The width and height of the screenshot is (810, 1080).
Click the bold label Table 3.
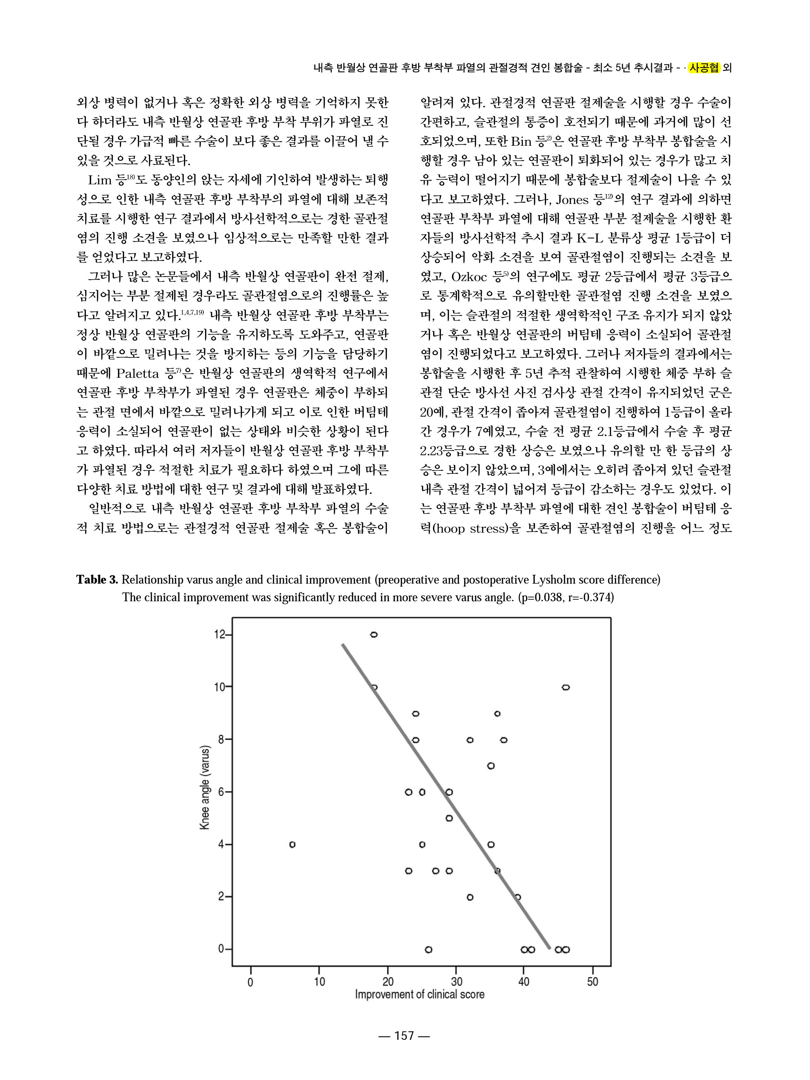[97, 580]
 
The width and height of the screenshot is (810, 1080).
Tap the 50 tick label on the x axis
[592, 982]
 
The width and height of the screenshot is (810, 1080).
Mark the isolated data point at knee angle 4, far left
[292, 844]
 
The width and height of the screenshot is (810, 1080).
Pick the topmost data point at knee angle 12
[374, 635]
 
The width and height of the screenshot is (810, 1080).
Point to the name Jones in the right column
[572, 200]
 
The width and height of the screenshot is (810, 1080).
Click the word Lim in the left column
[100, 181]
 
